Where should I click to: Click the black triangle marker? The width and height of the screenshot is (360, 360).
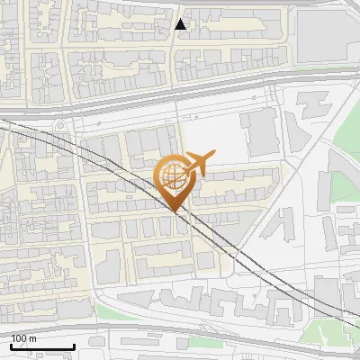click(181, 24)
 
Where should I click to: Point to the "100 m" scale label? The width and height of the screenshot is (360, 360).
click(23, 338)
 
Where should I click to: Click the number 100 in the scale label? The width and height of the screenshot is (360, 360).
click(20, 338)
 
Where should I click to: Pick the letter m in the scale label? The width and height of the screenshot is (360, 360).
click(32, 338)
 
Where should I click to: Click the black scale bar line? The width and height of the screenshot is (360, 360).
click(42, 346)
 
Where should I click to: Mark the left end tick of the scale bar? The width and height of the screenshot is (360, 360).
click(11, 345)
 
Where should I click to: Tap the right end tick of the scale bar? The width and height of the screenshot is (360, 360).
click(74, 345)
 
